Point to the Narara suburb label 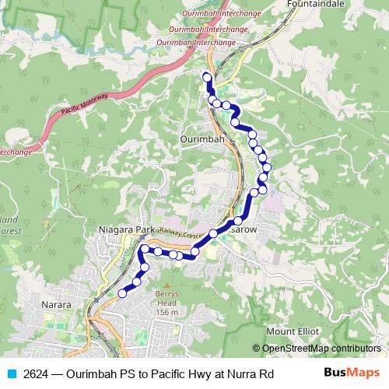(x=57, y=307)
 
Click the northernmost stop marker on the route (x=206, y=76)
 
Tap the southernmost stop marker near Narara (x=122, y=293)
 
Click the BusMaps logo (x=352, y=373)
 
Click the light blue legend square (x=11, y=374)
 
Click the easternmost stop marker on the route (x=268, y=166)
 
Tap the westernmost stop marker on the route (x=122, y=293)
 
